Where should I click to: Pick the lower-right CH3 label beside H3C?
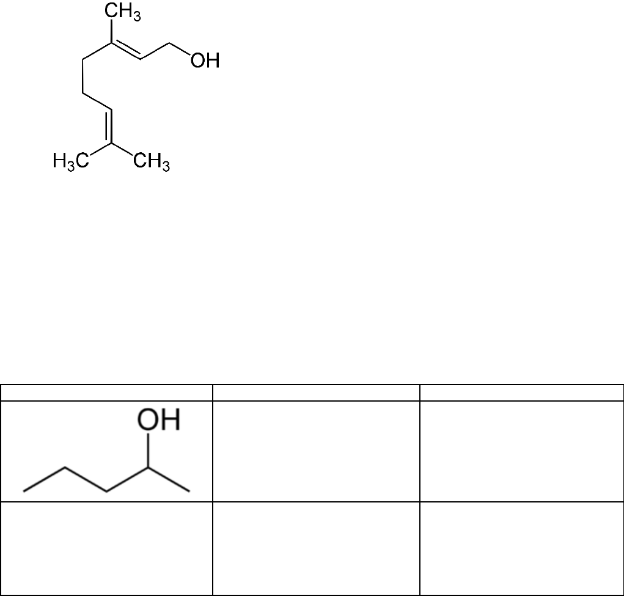[151, 163]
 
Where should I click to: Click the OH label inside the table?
[158, 420]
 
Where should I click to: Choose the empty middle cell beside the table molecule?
[315, 451]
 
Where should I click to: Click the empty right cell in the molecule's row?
[521, 451]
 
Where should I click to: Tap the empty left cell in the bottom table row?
[106, 548]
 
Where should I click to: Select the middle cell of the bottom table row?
[315, 548]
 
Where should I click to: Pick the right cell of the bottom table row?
[521, 548]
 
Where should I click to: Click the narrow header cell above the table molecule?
[106, 392]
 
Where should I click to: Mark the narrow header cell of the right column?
[521, 392]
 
